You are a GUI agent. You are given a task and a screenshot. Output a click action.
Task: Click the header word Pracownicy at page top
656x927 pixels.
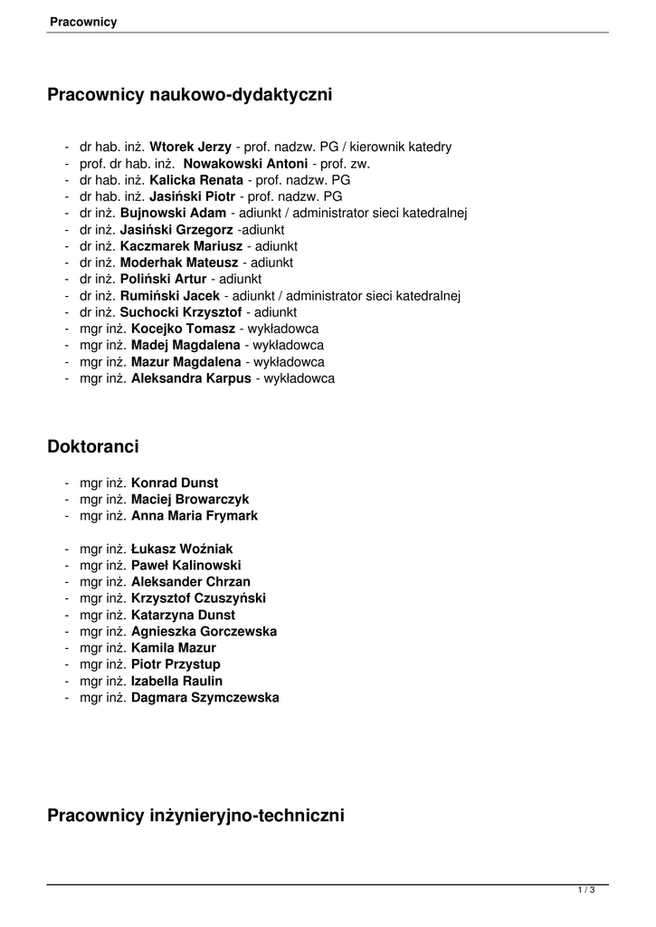click(83, 22)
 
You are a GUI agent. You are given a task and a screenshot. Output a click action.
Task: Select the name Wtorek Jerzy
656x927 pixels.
click(190, 147)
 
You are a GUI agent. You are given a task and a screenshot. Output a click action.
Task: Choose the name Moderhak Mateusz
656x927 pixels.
click(185, 263)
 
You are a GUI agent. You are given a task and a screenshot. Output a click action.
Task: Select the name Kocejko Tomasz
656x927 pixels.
click(183, 329)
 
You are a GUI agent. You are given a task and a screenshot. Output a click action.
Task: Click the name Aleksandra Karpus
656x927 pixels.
click(191, 378)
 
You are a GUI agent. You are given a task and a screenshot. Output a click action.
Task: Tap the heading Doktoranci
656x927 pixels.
click(93, 446)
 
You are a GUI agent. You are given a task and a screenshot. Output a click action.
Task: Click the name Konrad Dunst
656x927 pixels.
click(175, 483)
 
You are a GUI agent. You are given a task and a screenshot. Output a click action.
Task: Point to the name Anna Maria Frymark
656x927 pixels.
click(195, 516)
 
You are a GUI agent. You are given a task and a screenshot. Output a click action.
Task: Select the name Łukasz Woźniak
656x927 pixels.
click(182, 549)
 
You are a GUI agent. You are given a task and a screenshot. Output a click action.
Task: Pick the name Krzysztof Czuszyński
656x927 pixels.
click(198, 598)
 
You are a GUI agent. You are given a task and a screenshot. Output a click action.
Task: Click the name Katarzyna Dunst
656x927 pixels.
click(183, 615)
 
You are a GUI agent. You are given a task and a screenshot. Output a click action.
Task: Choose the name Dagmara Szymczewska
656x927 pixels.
click(205, 698)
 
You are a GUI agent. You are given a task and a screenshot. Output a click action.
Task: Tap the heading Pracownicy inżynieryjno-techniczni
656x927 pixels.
click(195, 816)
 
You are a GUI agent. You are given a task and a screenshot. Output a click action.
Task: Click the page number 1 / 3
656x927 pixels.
click(585, 892)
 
